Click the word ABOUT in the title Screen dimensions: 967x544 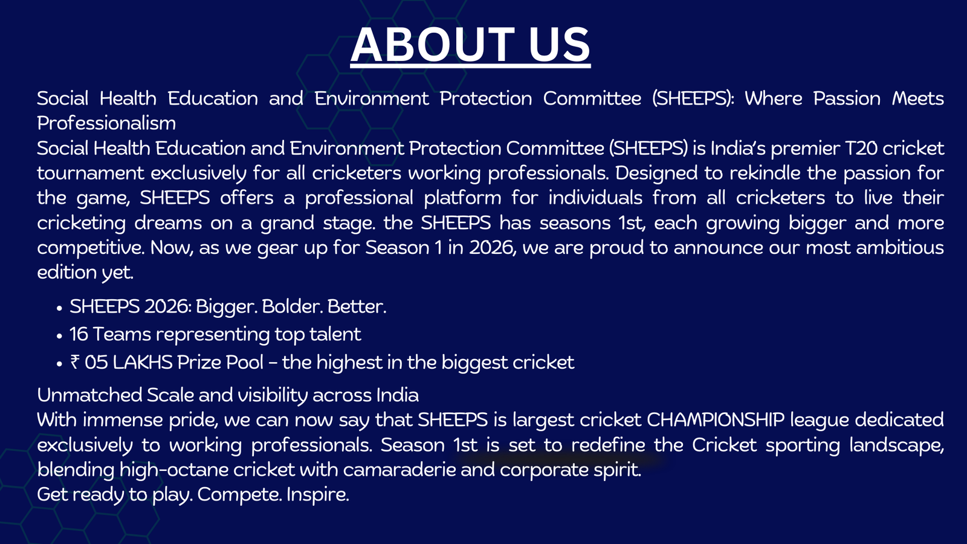click(432, 45)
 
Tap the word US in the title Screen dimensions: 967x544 click(560, 45)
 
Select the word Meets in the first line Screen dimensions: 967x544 click(918, 99)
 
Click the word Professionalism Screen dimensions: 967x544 click(106, 123)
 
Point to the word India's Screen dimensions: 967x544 click(738, 148)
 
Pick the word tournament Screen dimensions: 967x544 click(90, 173)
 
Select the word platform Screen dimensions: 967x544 click(462, 198)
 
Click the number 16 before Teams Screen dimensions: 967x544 click(79, 334)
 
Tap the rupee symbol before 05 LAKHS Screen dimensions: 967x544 click(75, 362)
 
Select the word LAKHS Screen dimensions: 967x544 click(143, 362)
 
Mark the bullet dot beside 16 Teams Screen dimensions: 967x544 click(60, 336)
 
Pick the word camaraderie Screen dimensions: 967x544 click(399, 470)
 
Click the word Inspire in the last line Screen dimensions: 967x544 click(317, 495)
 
